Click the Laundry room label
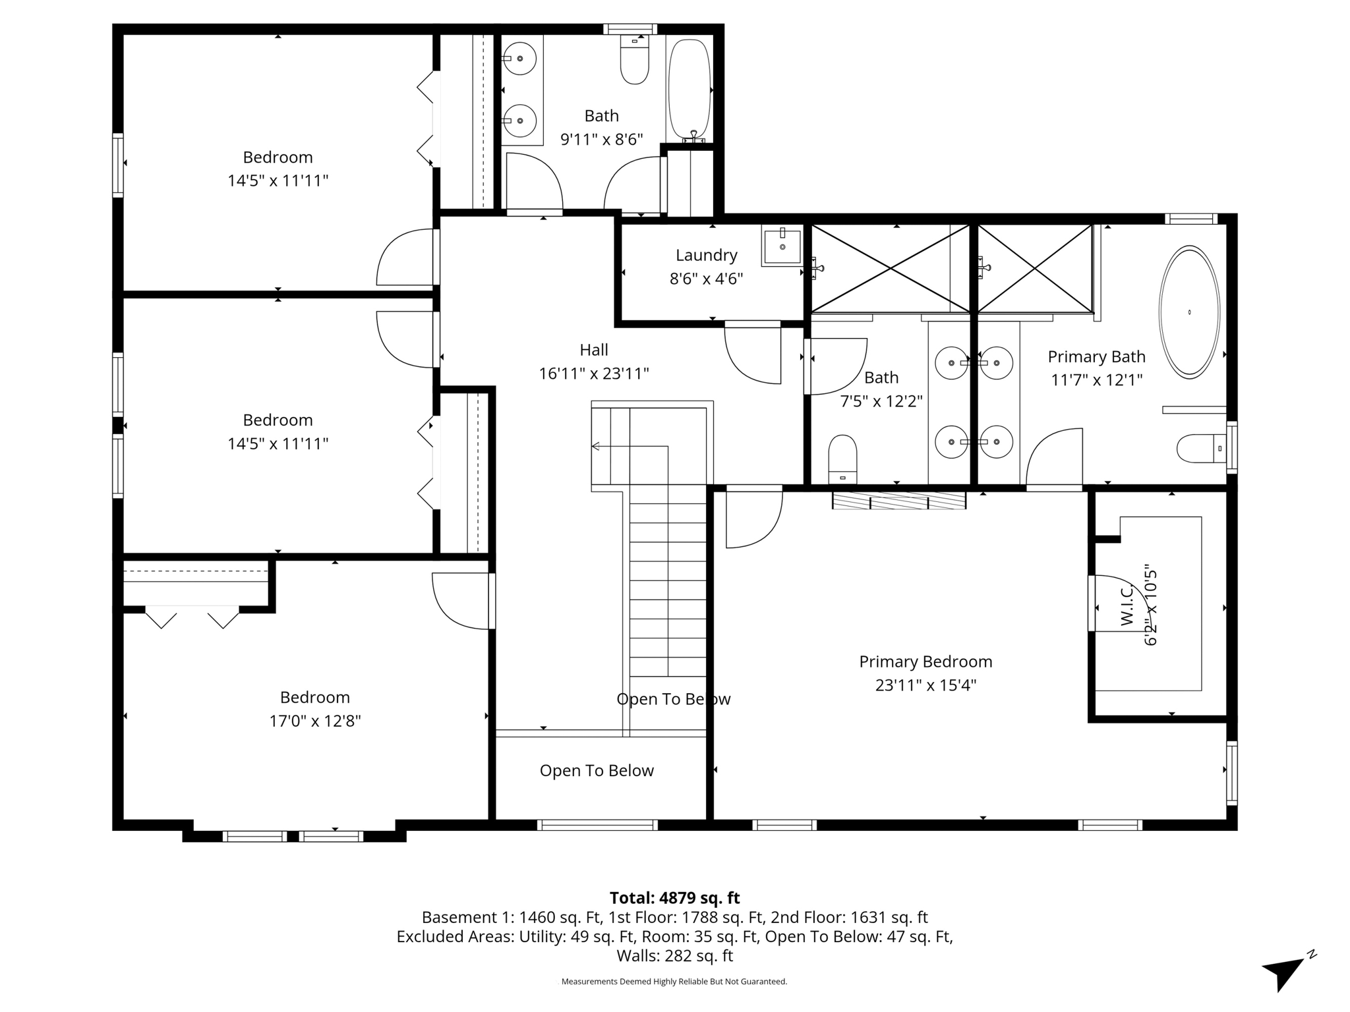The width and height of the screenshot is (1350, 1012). (706, 255)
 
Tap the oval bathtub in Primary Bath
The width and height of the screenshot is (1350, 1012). (1189, 312)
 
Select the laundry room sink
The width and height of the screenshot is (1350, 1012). (782, 246)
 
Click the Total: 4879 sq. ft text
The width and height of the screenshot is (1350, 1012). (674, 898)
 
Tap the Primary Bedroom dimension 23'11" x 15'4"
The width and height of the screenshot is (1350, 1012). (925, 685)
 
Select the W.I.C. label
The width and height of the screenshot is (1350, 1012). (1126, 605)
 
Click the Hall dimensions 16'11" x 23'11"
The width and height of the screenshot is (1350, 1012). (593, 374)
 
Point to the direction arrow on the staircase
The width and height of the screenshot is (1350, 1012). (597, 447)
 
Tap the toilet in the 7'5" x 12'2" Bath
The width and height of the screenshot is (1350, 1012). (842, 457)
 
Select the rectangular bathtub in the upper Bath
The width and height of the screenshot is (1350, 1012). (690, 89)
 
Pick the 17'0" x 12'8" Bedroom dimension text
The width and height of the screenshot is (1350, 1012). (314, 721)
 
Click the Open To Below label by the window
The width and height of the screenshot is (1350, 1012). (597, 771)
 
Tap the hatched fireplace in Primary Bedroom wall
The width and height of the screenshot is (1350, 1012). (898, 500)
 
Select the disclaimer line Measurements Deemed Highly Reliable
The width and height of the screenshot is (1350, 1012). (674, 981)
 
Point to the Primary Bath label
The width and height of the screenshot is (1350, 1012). (1096, 356)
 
